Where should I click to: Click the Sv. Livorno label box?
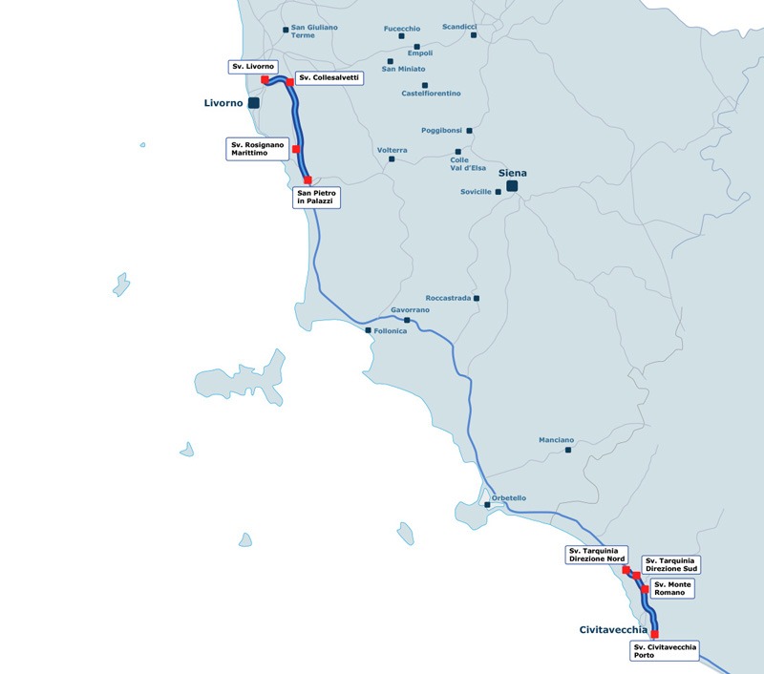[x=253, y=66]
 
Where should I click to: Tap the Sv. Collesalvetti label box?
[x=329, y=78]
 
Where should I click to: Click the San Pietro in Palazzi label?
[x=318, y=198]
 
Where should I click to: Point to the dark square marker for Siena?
[x=512, y=186]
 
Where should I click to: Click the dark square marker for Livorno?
[x=254, y=102]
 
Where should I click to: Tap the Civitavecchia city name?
[x=613, y=630]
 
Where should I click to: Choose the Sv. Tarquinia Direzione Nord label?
[x=596, y=555]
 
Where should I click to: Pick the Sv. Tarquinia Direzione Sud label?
[x=671, y=564]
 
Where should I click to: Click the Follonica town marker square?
[x=369, y=330]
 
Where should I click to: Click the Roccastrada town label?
[x=448, y=298]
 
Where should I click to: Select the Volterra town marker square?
[x=391, y=159]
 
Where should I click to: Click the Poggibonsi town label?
[x=441, y=130]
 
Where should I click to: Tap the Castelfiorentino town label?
[x=431, y=94]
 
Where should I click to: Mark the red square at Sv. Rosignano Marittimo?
[x=296, y=149]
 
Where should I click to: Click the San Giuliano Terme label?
[x=314, y=31]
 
